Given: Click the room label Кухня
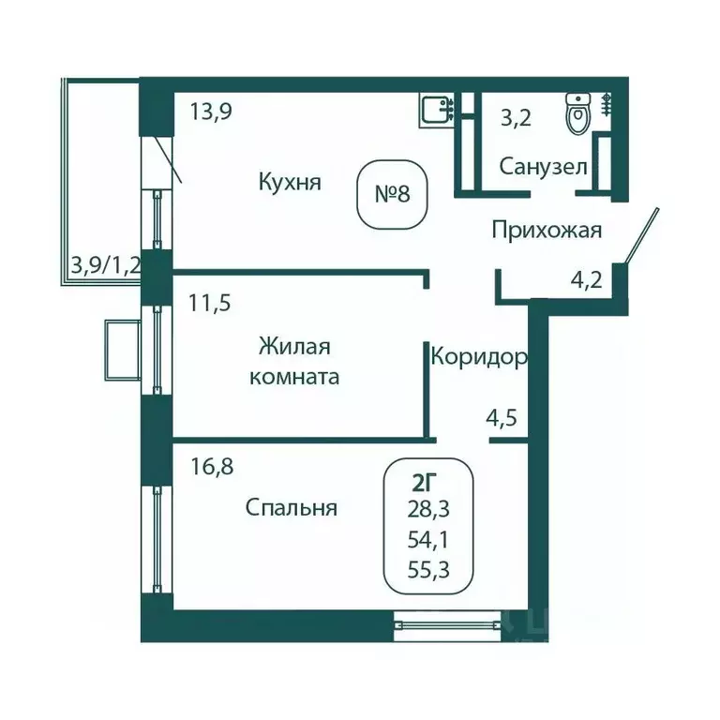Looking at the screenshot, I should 290,181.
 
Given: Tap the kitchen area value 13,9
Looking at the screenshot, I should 211,112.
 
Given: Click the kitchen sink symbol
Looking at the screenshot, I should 434,111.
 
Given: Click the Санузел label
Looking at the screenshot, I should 543,168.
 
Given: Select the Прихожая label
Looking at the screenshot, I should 546,230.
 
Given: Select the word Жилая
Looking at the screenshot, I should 294,347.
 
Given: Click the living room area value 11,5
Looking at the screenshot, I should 210,303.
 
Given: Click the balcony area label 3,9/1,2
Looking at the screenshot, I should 105,265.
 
